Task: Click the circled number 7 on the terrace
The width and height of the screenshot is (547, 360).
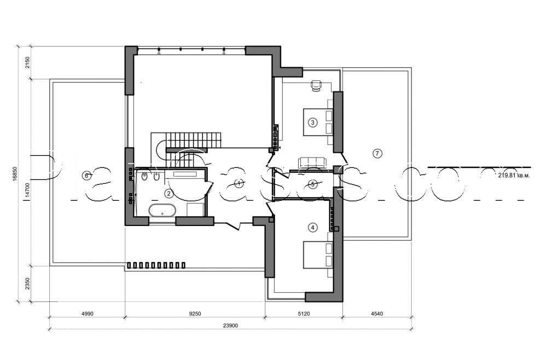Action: click(377, 153)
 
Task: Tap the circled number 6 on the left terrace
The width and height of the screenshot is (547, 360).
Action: click(85, 176)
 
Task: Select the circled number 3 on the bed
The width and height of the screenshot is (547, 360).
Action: click(312, 122)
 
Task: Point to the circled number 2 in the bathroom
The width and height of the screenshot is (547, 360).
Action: click(169, 193)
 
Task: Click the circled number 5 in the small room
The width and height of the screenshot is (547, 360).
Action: click(312, 184)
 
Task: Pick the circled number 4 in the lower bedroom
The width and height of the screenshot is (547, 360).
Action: click(312, 227)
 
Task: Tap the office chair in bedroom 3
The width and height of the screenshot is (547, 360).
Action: click(316, 84)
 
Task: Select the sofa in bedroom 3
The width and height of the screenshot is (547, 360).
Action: click(311, 162)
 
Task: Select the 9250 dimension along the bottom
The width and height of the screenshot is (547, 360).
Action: click(195, 313)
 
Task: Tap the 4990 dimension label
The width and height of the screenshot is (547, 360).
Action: click(88, 313)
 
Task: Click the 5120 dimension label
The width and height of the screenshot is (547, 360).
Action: click(304, 313)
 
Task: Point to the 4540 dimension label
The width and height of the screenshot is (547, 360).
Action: click(377, 313)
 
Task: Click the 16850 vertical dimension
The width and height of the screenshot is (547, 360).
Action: click(16, 174)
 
